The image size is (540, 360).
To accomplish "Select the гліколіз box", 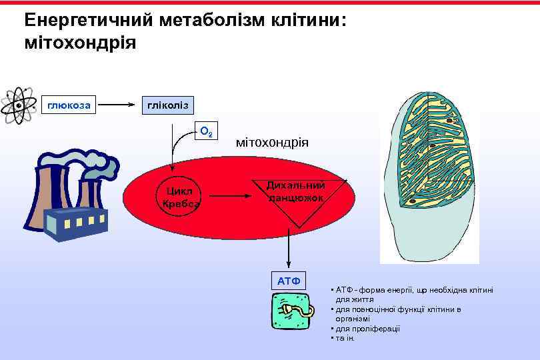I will pos(167,104).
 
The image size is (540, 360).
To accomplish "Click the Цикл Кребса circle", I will pos(181,197).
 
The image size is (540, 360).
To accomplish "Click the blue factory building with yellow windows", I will pos(75,223).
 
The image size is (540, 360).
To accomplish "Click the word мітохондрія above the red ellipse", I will pos(273,142).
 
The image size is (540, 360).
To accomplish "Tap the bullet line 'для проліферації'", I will pos(367,329).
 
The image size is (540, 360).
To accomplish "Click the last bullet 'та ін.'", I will pos(345,338).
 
